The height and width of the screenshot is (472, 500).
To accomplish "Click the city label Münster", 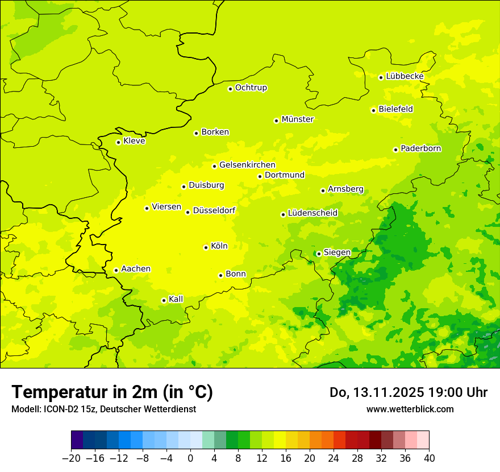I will [298, 119].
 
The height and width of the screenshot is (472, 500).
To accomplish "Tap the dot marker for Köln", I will [206, 247].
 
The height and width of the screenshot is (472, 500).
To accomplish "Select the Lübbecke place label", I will [405, 76].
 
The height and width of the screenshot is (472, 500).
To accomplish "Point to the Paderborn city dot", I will [396, 150].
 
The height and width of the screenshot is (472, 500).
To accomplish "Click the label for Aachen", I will [136, 269].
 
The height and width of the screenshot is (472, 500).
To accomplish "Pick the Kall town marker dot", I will [164, 300].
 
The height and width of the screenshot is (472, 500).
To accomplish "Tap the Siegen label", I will [337, 252].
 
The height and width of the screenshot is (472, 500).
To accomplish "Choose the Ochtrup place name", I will [251, 88].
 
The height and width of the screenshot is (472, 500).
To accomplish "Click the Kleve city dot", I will [119, 142].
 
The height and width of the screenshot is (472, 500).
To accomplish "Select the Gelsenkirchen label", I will [247, 165].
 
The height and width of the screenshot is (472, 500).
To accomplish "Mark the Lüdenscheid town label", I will [312, 213].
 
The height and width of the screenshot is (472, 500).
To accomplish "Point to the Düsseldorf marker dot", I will [188, 212].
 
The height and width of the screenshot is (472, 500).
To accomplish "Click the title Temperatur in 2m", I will [112, 392].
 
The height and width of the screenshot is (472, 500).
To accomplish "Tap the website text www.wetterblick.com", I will [410, 409].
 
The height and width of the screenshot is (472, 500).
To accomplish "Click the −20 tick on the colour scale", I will [71, 458].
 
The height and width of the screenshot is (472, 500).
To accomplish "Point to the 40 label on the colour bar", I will [429, 458].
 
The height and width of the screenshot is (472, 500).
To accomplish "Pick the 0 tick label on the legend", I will [190, 458].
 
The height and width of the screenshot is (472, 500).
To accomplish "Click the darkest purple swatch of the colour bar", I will [77, 440].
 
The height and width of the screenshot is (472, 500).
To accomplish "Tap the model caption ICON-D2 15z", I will [70, 409].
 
